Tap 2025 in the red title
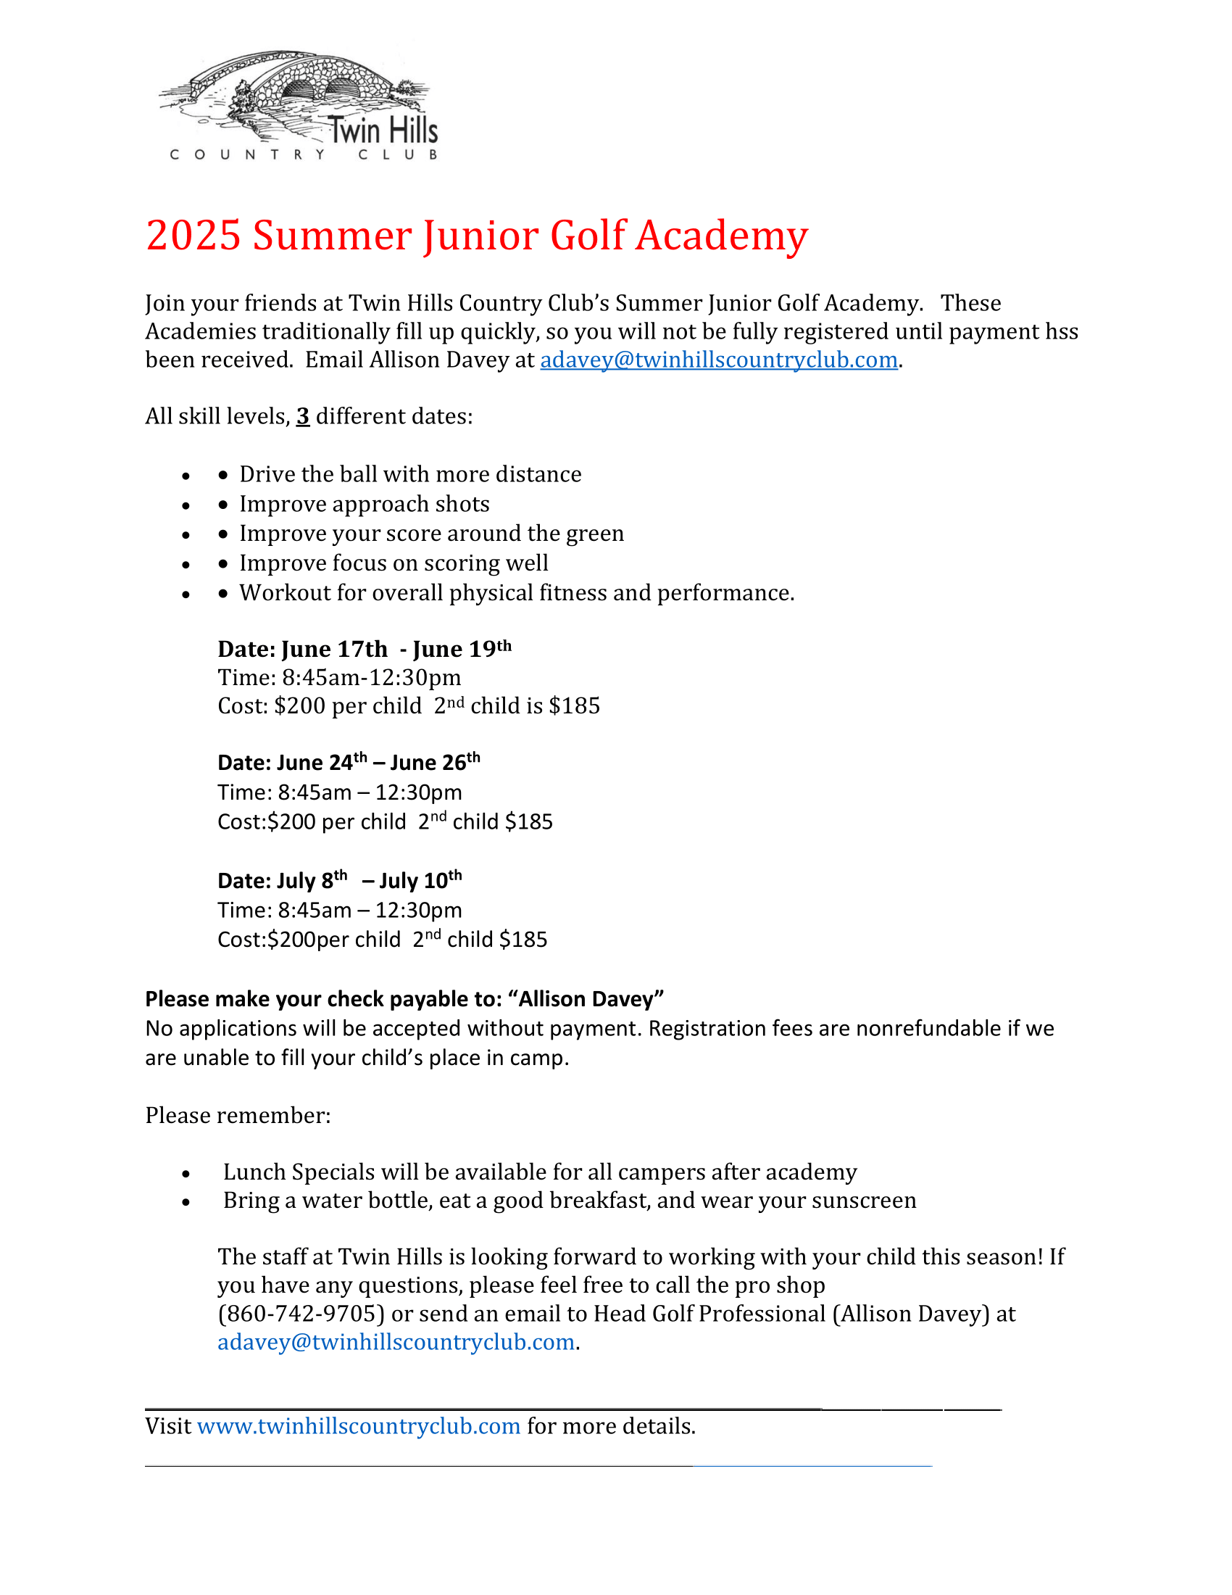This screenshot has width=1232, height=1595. (193, 236)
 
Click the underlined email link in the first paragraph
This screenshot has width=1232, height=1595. (718, 360)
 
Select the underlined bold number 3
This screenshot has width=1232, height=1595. (303, 417)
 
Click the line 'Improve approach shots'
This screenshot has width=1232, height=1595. (365, 504)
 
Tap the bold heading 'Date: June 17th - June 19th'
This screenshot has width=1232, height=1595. (365, 650)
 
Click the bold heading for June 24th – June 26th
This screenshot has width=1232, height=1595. (349, 763)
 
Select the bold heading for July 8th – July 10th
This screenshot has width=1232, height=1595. (339, 881)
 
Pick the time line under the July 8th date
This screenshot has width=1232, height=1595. (339, 911)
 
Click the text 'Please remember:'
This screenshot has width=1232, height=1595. (238, 1116)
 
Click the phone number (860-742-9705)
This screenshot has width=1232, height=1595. (301, 1314)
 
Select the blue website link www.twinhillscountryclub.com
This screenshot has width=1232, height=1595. (358, 1426)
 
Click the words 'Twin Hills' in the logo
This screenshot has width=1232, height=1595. (384, 131)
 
